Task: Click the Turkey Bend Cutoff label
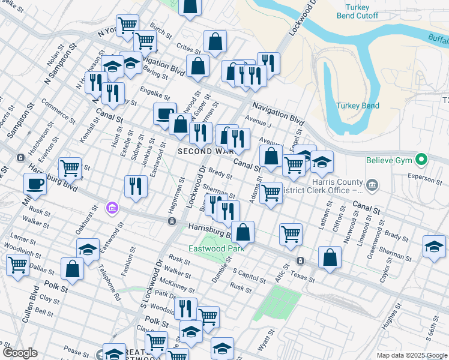357,11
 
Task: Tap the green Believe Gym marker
421,160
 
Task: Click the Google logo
20,353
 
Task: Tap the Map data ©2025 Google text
412,355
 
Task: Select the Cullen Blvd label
28,308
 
